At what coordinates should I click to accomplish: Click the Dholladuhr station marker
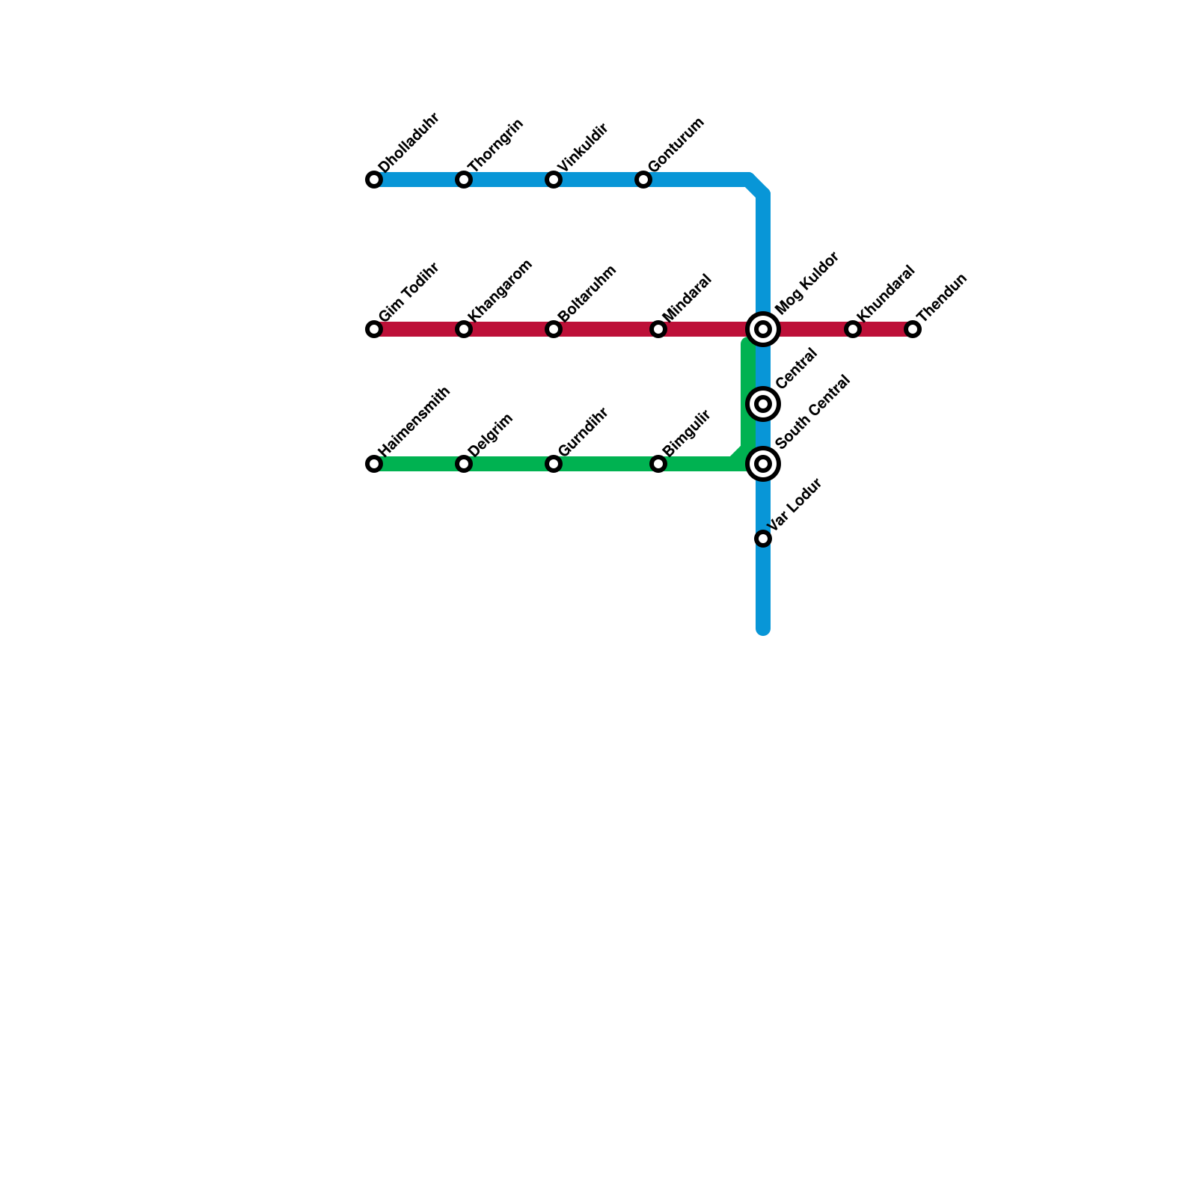(374, 180)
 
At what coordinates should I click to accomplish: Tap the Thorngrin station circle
(464, 180)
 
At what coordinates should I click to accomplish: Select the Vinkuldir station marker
(554, 180)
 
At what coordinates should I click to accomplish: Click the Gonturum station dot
(643, 180)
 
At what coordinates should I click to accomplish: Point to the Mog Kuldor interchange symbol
(763, 329)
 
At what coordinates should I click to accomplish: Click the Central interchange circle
(763, 404)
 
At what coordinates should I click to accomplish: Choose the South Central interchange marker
(763, 464)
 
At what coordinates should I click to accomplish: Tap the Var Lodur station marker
(763, 539)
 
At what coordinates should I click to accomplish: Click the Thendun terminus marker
(913, 329)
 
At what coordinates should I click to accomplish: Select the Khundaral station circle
(853, 329)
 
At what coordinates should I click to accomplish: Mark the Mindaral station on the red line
(658, 329)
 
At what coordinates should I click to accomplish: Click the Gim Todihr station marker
(374, 329)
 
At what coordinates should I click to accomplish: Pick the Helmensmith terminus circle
(374, 464)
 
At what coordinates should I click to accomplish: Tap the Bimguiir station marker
(658, 464)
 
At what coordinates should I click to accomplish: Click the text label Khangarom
(500, 290)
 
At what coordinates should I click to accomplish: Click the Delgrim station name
(491, 434)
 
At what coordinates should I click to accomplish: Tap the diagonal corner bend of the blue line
(757, 186)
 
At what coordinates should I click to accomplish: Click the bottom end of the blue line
(763, 628)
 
